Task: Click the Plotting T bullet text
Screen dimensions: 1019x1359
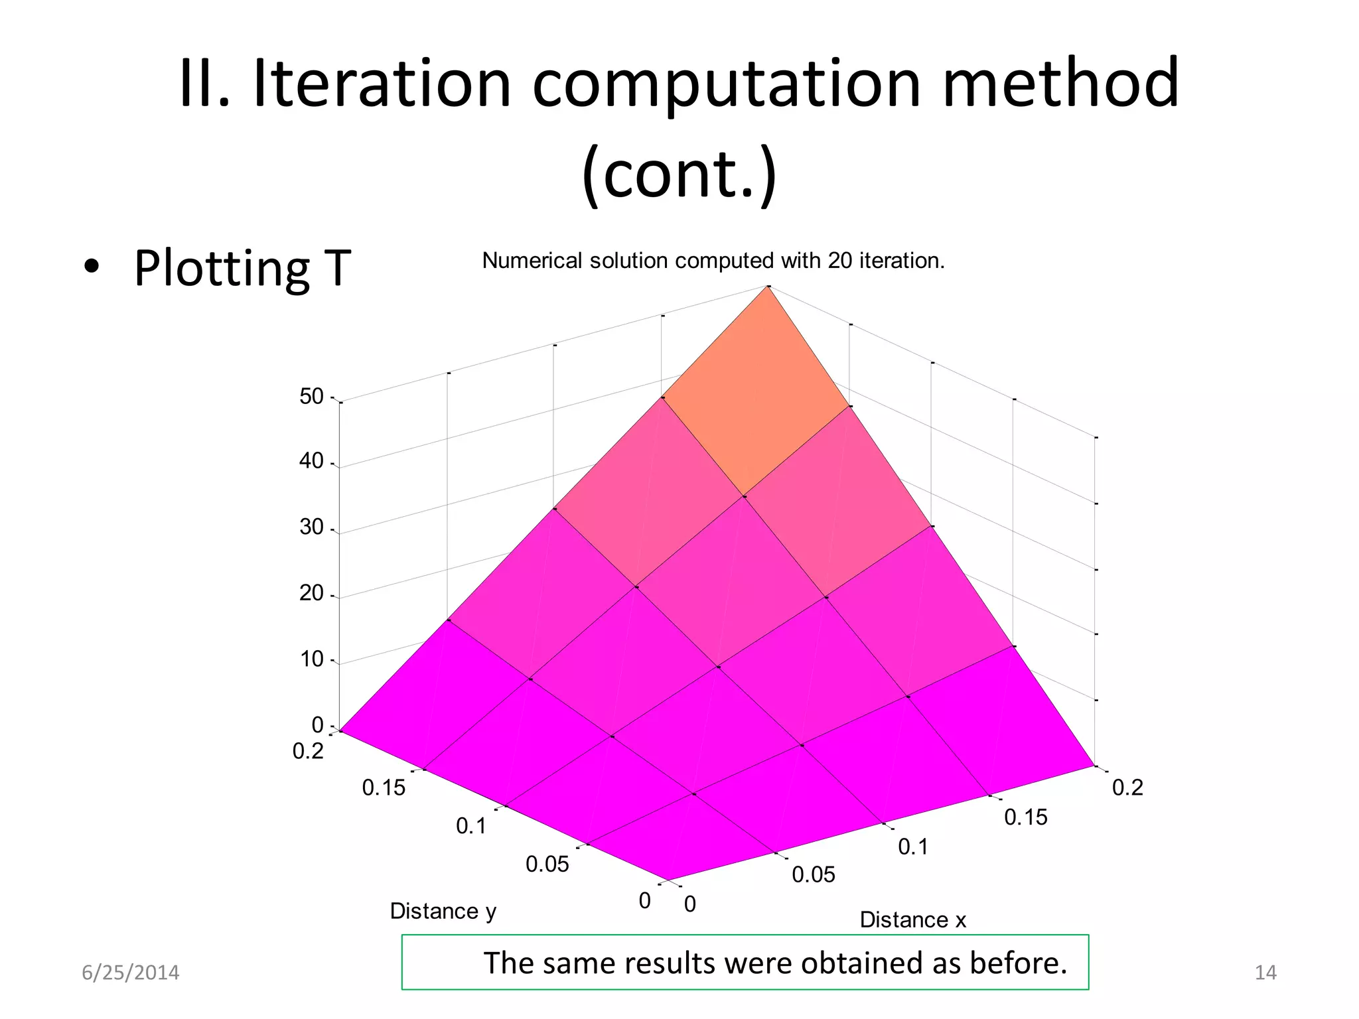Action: [x=242, y=268]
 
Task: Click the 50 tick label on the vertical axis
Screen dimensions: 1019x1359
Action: [x=311, y=397]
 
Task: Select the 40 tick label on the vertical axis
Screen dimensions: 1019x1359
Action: [x=311, y=461]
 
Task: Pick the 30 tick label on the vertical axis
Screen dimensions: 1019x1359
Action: [x=311, y=527]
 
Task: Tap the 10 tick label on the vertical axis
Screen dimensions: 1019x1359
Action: [x=311, y=659]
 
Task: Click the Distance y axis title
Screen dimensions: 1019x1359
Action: [x=443, y=911]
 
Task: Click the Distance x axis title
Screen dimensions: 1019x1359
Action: [x=912, y=919]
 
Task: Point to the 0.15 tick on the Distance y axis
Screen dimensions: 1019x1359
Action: [x=384, y=788]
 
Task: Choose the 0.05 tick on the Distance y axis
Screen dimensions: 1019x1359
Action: [x=547, y=864]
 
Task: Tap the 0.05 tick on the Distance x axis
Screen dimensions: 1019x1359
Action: [x=814, y=875]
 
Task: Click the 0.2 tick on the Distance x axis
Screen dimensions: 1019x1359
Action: [x=1127, y=788]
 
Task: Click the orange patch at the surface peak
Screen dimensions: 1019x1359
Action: [x=756, y=398]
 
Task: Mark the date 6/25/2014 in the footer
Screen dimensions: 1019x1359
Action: [x=130, y=973]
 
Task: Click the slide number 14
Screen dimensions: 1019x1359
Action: [x=1265, y=973]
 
